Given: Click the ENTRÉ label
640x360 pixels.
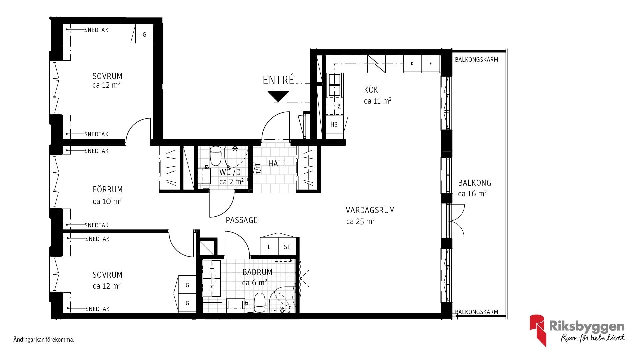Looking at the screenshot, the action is pyautogui.click(x=278, y=80).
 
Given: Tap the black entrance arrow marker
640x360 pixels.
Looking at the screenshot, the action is pyautogui.click(x=278, y=96).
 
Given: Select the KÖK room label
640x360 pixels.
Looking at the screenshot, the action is pyautogui.click(x=371, y=90).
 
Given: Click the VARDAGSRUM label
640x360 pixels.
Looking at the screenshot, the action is pyautogui.click(x=370, y=210).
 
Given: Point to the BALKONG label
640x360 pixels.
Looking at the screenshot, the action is pyautogui.click(x=474, y=183).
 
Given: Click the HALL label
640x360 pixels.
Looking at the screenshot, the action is pyautogui.click(x=277, y=163).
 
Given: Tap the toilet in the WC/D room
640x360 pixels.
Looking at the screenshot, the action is pyautogui.click(x=215, y=155).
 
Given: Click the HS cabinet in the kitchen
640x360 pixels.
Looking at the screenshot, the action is pyautogui.click(x=334, y=124).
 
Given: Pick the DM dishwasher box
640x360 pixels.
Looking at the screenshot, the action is pyautogui.click(x=334, y=106).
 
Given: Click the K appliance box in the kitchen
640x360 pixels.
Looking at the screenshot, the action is pyautogui.click(x=412, y=63).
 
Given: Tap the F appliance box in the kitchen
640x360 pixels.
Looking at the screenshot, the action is pyautogui.click(x=431, y=63).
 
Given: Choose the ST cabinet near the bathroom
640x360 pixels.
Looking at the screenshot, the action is pyautogui.click(x=287, y=247).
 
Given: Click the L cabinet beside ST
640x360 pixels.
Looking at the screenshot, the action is pyautogui.click(x=269, y=247).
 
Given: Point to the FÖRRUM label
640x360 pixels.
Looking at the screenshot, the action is pyautogui.click(x=107, y=189).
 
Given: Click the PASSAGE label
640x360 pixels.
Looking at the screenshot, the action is pyautogui.click(x=242, y=220).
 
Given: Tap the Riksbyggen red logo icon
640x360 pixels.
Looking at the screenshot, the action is pyautogui.click(x=537, y=330).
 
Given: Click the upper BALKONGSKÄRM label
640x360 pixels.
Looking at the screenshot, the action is pyautogui.click(x=476, y=60).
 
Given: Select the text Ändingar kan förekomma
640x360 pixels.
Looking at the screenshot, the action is pyautogui.click(x=44, y=340).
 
